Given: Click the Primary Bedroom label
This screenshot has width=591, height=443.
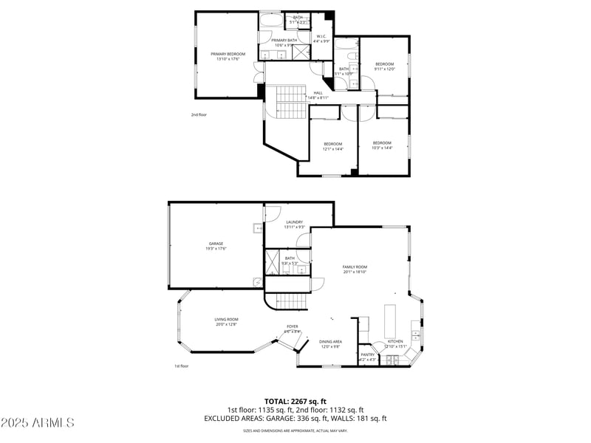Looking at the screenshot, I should click(228, 56).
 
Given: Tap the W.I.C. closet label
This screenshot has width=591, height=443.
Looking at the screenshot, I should click(321, 38).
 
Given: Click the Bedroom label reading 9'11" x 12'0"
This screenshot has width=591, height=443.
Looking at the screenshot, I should click(385, 66).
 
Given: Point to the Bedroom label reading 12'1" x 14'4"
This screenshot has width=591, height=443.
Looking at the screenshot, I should click(332, 146).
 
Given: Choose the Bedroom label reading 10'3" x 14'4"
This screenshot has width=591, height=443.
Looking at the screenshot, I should click(382, 145).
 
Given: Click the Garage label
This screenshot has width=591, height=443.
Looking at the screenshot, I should click(216, 246).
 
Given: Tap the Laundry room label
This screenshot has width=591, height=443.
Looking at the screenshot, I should click(295, 224).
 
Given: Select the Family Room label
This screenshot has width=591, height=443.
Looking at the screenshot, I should click(355, 269).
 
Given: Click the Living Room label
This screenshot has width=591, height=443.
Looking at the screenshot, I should click(226, 321).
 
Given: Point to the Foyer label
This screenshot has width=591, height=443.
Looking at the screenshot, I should click(293, 329).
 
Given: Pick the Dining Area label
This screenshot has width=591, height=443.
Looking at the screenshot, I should click(330, 343).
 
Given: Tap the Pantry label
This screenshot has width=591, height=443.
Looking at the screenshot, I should click(367, 357).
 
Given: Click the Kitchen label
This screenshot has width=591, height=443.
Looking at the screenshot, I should click(395, 343).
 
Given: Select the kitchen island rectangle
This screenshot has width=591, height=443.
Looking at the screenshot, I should click(390, 320).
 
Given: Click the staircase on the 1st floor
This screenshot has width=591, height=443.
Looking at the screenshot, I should click(290, 301).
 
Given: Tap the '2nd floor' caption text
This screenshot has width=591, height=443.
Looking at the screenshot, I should click(199, 114).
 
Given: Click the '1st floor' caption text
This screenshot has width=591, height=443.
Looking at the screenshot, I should click(182, 365).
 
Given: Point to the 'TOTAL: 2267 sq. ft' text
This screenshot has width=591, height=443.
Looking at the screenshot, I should click(295, 402).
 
